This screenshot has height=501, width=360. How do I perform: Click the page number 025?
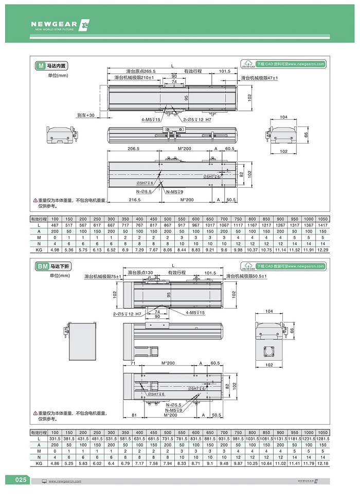pos(20,480)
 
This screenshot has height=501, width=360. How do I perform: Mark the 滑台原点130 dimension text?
pos(140,272)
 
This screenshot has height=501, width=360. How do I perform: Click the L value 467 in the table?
pos(55,225)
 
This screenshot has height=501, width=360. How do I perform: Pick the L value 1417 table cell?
pos(323,225)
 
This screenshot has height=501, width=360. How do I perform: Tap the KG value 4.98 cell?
pos(55,249)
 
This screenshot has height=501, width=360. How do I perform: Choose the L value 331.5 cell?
pos(55,438)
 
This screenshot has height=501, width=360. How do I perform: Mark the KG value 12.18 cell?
pos(323,463)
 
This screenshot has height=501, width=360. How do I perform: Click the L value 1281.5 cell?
pos(323,438)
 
